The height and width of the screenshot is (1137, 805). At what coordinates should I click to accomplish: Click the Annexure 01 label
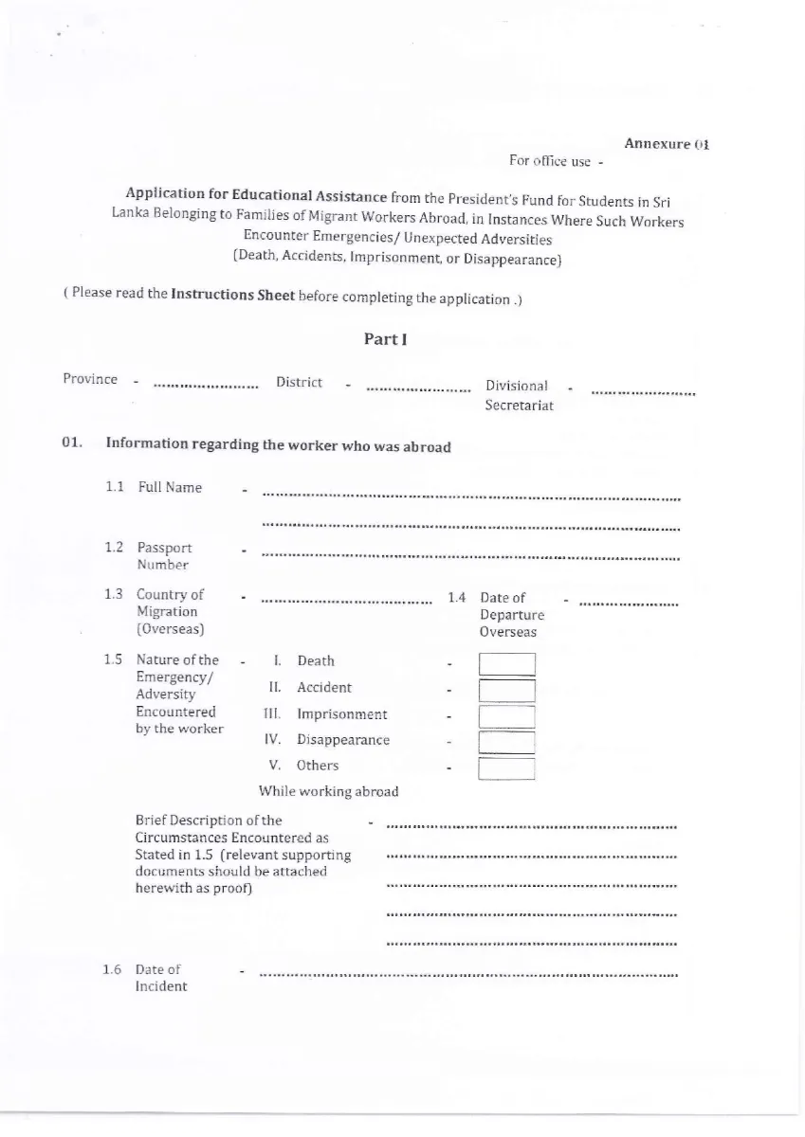[667, 144]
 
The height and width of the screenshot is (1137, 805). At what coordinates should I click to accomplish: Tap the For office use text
[550, 161]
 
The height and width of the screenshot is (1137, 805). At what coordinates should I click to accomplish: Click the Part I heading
[385, 339]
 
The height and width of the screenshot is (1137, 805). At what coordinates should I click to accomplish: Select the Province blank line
[206, 387]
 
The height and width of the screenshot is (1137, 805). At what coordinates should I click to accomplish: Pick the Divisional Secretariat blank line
[643, 392]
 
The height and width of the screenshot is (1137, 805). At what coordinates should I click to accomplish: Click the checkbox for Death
[506, 664]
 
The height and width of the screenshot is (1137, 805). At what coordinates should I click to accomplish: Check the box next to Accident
[506, 691]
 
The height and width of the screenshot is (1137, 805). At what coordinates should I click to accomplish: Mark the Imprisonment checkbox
[506, 717]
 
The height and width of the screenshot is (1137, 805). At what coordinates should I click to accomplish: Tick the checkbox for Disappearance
[506, 743]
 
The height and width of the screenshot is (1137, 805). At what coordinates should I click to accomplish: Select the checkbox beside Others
[506, 768]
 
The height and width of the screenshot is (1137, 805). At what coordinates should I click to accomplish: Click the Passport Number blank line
[470, 556]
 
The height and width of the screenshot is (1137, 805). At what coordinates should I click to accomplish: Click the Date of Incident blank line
[468, 973]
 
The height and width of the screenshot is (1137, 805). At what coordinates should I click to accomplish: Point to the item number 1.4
[456, 597]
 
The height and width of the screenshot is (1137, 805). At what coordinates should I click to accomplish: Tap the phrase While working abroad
[328, 791]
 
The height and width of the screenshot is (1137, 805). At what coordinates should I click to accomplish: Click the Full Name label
[170, 487]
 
